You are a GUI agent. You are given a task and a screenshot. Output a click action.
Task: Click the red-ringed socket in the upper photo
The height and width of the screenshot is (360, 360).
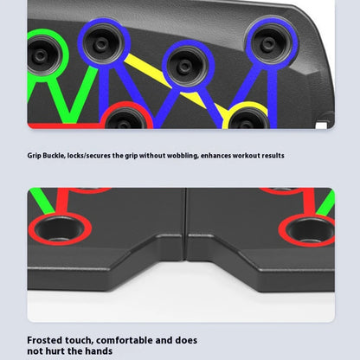click(x=127, y=117)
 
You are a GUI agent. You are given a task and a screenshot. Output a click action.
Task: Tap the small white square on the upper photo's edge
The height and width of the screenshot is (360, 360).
click(x=321, y=125)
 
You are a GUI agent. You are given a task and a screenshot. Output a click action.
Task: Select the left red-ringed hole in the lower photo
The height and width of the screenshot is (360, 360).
click(x=60, y=229)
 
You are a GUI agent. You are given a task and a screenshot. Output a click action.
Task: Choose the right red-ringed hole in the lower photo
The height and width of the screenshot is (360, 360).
click(x=307, y=230)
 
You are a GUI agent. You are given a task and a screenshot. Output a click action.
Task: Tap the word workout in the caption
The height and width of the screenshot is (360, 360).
click(x=246, y=156)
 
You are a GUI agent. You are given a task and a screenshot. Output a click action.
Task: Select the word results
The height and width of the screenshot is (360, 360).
click(x=273, y=156)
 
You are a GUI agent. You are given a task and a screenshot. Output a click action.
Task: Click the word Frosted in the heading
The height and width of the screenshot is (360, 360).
click(x=45, y=340)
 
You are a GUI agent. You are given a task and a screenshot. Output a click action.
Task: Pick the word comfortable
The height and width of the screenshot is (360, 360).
click(x=125, y=340)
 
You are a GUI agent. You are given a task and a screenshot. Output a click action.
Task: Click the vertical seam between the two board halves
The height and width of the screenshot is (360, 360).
click(x=186, y=224)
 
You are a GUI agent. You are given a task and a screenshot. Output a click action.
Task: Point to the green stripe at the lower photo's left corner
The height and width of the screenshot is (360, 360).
click(x=42, y=201)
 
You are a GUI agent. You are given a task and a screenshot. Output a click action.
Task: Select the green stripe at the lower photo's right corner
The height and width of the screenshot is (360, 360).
click(x=326, y=203)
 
